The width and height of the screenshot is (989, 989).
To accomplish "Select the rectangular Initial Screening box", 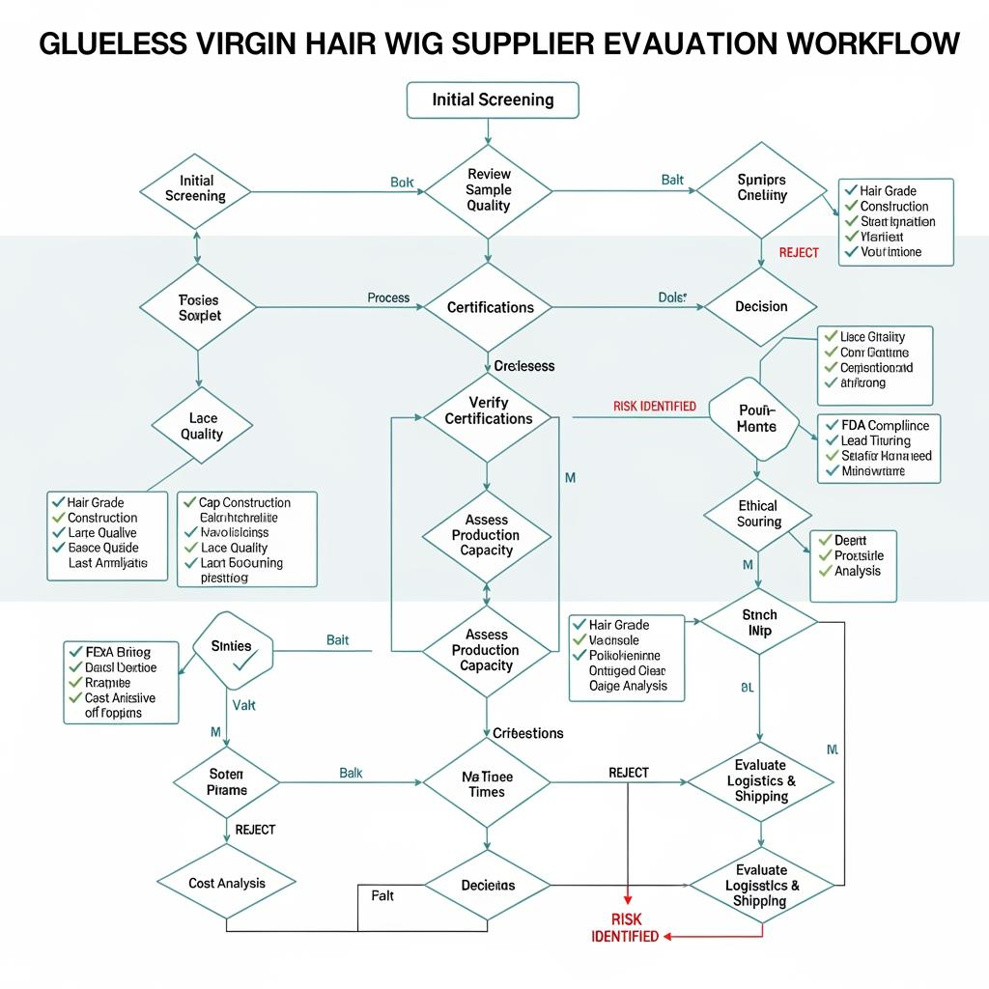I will pos(493,99).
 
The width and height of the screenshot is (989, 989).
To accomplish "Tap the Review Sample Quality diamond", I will pos(488,190).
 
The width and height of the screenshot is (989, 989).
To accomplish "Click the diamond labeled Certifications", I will pos(490,307).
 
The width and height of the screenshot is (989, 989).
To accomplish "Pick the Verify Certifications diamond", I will pos(489,410).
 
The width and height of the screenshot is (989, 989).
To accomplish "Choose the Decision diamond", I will pos(761,307).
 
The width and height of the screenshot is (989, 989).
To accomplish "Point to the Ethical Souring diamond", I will pos(758,514).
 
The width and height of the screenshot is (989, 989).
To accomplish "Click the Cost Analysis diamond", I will pos(227,883).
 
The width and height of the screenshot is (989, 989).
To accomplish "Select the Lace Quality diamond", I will pos(201,426).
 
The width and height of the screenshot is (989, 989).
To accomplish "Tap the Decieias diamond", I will pos(488,885).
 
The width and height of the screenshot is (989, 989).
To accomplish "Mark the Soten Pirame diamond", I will pos(227,782).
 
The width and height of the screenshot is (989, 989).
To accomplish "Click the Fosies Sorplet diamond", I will pos(199,308).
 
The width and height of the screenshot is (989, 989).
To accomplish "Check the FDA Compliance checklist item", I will pos(884,425).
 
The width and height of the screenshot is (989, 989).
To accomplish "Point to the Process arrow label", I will pos(388,297).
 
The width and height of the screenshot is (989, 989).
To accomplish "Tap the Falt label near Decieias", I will pos(382,896).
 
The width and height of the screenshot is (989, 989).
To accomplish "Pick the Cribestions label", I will pos(527,733).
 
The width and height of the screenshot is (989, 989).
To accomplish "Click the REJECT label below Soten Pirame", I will pos(255,830).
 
